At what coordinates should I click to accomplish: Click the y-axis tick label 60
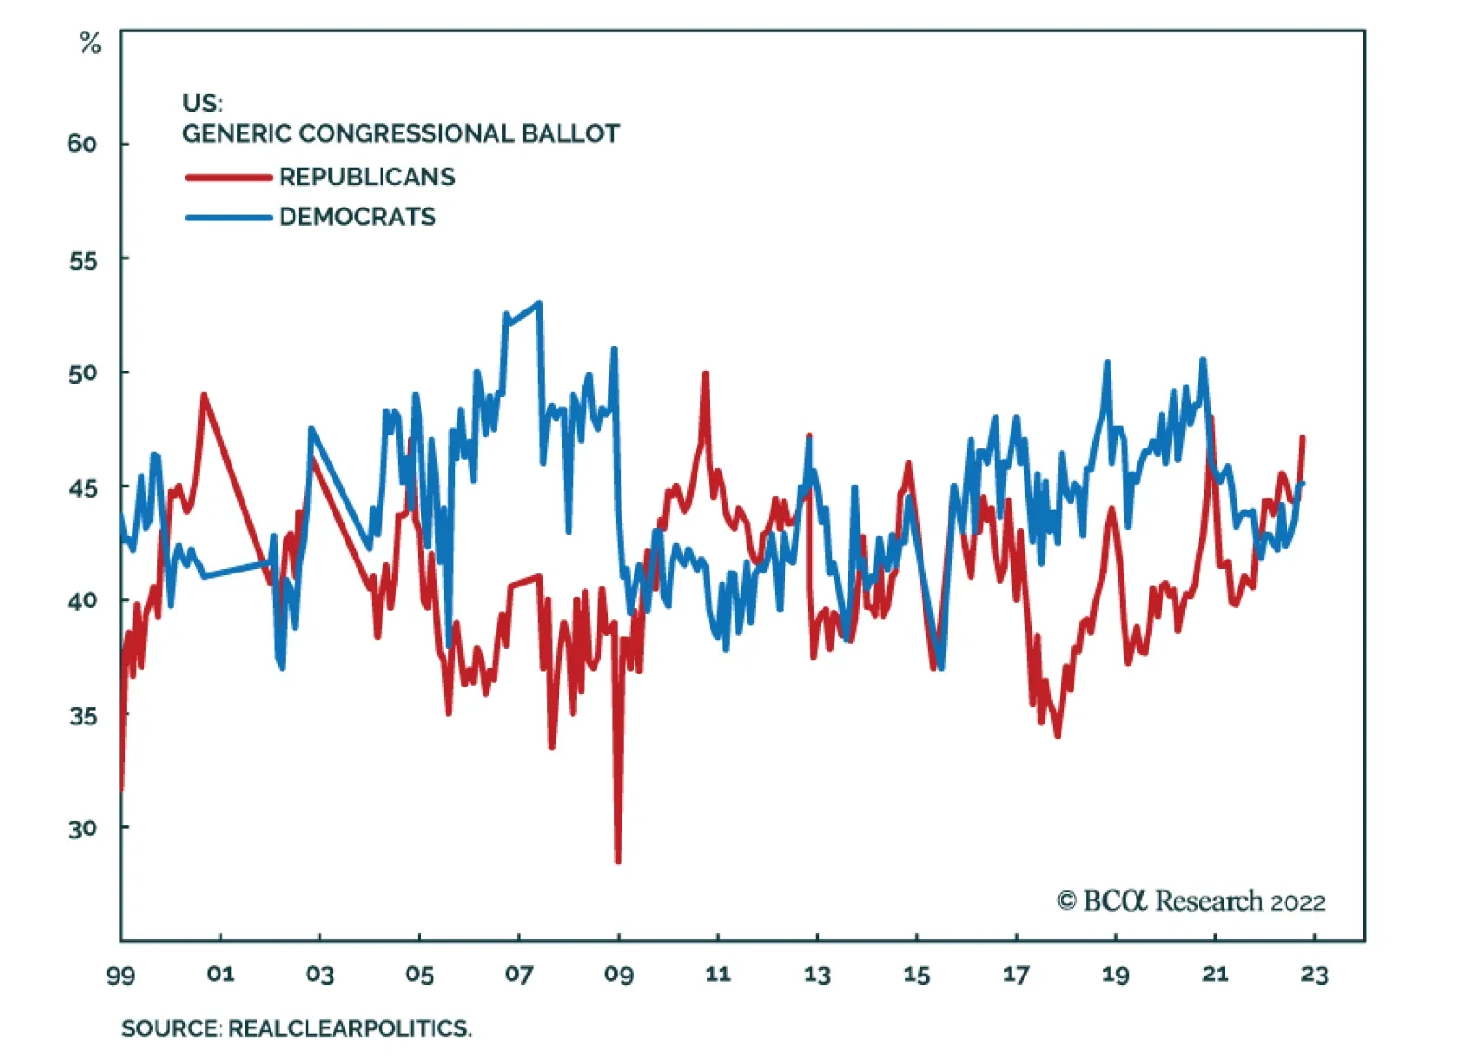coord(82,144)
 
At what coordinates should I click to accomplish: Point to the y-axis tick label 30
coord(82,828)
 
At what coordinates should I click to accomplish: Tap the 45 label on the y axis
coord(82,487)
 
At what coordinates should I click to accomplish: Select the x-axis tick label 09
coord(618,975)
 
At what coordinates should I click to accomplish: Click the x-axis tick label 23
coord(1314,975)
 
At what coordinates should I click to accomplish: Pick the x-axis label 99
coord(120,975)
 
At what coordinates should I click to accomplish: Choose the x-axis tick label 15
coord(916,975)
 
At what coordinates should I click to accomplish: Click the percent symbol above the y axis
coord(90,43)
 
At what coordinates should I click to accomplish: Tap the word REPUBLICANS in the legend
coord(367,177)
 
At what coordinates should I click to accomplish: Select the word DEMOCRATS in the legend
coord(358,217)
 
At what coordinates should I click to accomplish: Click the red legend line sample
coord(229,177)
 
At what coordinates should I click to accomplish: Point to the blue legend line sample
coord(229,218)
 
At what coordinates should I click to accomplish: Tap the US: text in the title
coord(203,103)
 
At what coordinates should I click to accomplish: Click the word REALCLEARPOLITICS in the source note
coord(348,1028)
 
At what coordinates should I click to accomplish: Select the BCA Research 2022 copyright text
coord(1191,901)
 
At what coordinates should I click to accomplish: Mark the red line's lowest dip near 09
coord(618,862)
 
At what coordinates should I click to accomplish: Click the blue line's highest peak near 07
coord(540,303)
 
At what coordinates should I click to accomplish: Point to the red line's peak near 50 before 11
coord(706,373)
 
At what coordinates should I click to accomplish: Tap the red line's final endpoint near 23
coord(1302,437)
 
